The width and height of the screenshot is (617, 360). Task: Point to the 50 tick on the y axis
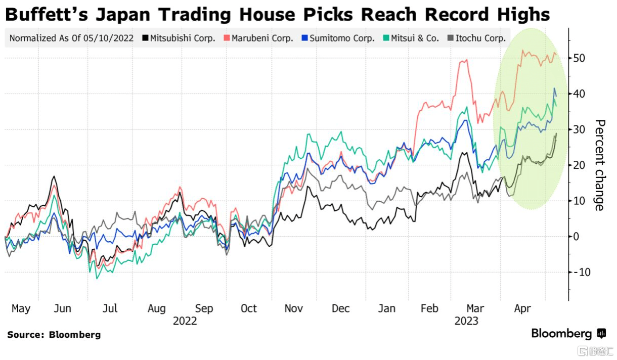click(579, 58)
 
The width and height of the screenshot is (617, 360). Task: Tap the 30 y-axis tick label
click(579, 129)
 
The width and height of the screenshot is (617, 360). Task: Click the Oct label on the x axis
click(249, 308)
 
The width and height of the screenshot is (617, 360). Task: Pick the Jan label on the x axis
click(387, 308)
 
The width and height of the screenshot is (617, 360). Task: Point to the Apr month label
click(522, 308)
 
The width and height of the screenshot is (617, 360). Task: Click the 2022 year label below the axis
click(185, 321)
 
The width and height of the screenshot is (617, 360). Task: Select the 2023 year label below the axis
click(466, 321)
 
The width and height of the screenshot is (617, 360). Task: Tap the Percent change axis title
click(600, 165)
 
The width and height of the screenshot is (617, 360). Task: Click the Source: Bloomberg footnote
click(54, 335)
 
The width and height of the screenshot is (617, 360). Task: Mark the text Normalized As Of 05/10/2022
click(71, 38)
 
